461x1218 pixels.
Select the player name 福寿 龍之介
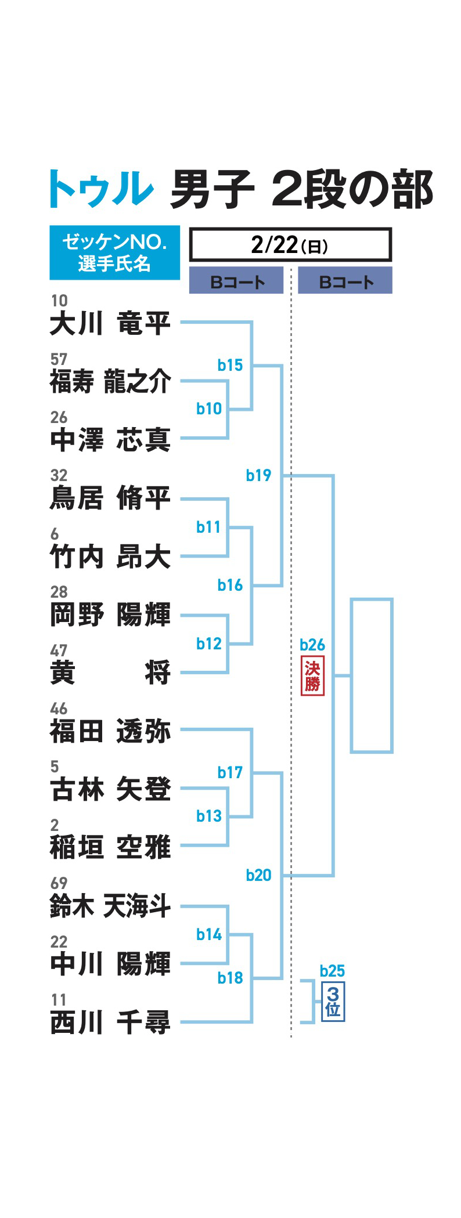pos(110,382)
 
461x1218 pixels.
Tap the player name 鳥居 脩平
pos(110,498)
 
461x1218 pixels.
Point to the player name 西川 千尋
pos(110,1022)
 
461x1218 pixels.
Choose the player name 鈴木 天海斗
pos(110,906)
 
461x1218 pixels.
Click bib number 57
pos(59,359)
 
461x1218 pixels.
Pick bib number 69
pos(59,883)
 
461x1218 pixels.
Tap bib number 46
pos(59,709)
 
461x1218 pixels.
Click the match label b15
pos(230,365)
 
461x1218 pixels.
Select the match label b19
pos(258,475)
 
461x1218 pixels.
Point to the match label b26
pos(312,645)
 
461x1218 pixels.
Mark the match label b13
pos(209,816)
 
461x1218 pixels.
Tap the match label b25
pos(332,971)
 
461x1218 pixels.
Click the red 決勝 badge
pos(312,676)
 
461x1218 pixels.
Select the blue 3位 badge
pos(333,1001)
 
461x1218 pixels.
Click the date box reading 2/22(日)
pos(290,245)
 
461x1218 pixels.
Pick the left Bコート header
pos(236,281)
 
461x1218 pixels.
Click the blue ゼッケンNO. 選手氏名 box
pos(114,252)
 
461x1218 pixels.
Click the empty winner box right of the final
pos(372,675)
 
